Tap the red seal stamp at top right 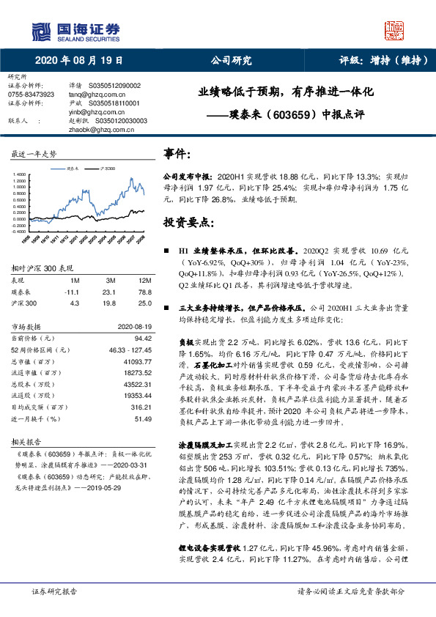[x=394, y=29]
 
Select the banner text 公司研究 [x=231, y=60]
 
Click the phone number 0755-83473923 [x=32, y=95]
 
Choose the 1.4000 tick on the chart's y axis [x=19, y=174]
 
